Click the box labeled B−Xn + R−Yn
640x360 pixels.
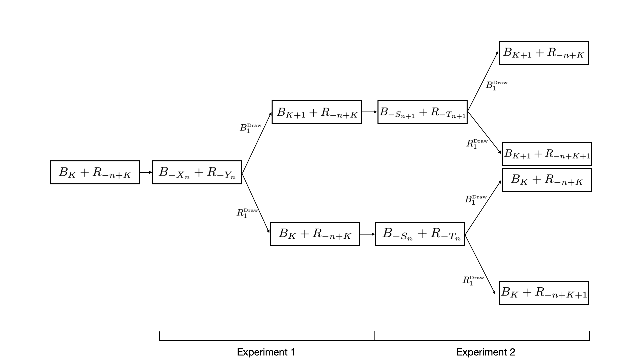point(197,172)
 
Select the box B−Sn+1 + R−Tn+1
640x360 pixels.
point(422,112)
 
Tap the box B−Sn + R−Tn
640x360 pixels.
point(420,234)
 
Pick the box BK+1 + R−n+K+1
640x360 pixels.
point(547,154)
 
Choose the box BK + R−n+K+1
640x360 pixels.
point(544,293)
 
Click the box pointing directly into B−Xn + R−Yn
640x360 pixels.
point(95,172)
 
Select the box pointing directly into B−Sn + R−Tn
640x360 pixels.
point(315,234)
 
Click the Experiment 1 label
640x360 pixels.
point(266,352)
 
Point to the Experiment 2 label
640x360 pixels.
point(486,352)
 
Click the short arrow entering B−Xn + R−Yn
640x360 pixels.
point(146,172)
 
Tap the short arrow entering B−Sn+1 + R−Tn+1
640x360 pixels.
point(369,112)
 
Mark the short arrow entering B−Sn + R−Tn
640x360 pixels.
point(368,234)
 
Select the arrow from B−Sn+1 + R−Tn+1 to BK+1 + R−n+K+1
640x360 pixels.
point(485,133)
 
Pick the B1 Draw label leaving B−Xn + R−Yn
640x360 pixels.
point(250,128)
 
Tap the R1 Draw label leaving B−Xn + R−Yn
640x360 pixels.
point(247,213)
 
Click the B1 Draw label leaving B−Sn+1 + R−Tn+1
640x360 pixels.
point(496,85)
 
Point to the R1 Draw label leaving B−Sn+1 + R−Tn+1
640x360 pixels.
point(477,144)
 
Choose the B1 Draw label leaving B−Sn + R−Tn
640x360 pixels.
point(476,200)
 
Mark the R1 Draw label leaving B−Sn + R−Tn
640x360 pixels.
point(473,280)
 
